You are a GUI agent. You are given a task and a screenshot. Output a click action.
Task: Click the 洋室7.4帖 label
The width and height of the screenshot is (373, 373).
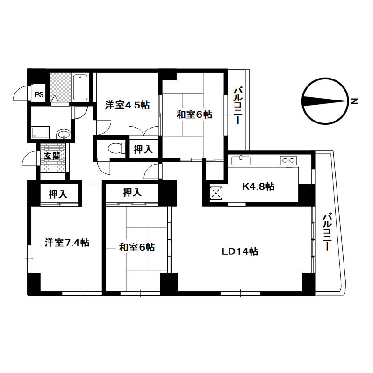click(67, 243)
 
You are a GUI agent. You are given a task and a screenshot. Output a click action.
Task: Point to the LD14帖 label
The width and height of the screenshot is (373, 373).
click(240, 251)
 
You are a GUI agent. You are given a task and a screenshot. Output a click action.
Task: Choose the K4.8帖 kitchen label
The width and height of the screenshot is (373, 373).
click(258, 186)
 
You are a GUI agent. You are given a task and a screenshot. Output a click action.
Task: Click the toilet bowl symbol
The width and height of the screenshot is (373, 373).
click(114, 148)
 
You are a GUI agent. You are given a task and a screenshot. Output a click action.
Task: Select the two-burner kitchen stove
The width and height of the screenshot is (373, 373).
click(287, 161)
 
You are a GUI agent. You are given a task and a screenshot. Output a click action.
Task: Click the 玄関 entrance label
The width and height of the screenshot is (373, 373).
click(52, 156)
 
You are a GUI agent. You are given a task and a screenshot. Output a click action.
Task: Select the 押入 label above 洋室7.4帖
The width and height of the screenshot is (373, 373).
click(57, 194)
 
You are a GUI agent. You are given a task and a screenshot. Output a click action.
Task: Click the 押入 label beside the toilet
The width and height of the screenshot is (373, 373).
click(143, 150)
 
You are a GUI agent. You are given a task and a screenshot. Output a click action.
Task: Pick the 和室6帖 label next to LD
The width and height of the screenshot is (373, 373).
click(136, 247)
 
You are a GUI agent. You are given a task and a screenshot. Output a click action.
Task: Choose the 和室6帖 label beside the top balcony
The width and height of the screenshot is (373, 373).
click(194, 114)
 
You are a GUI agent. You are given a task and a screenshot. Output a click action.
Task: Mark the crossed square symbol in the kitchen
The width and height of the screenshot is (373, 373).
click(215, 192)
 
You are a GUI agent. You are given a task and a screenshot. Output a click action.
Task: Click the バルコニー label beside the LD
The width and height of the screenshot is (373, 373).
click(328, 231)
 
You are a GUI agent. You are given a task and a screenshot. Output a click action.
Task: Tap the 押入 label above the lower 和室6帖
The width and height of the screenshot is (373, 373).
click(132, 192)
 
